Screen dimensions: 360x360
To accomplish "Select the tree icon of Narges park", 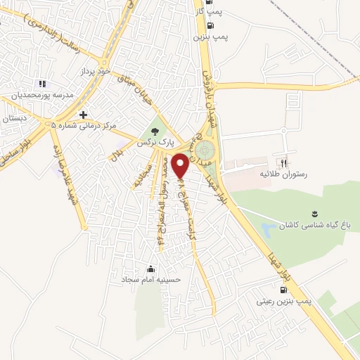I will [154, 130].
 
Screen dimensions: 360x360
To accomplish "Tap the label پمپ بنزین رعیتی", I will [284, 301].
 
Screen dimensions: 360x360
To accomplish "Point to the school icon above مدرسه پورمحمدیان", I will [41, 84].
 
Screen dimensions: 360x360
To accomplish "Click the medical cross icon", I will [84, 114].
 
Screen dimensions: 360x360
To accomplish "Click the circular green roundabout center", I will [205, 150].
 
